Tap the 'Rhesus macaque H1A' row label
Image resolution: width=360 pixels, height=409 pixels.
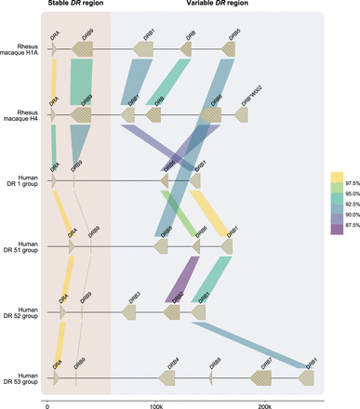click(20, 48)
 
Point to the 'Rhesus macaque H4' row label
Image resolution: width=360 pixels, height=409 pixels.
click(20, 114)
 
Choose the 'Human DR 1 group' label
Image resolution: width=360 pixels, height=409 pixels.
click(20, 180)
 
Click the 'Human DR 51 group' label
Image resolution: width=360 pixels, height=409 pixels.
click(20, 247)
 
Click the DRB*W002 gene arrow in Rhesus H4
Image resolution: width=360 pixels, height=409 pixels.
click(241, 114)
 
